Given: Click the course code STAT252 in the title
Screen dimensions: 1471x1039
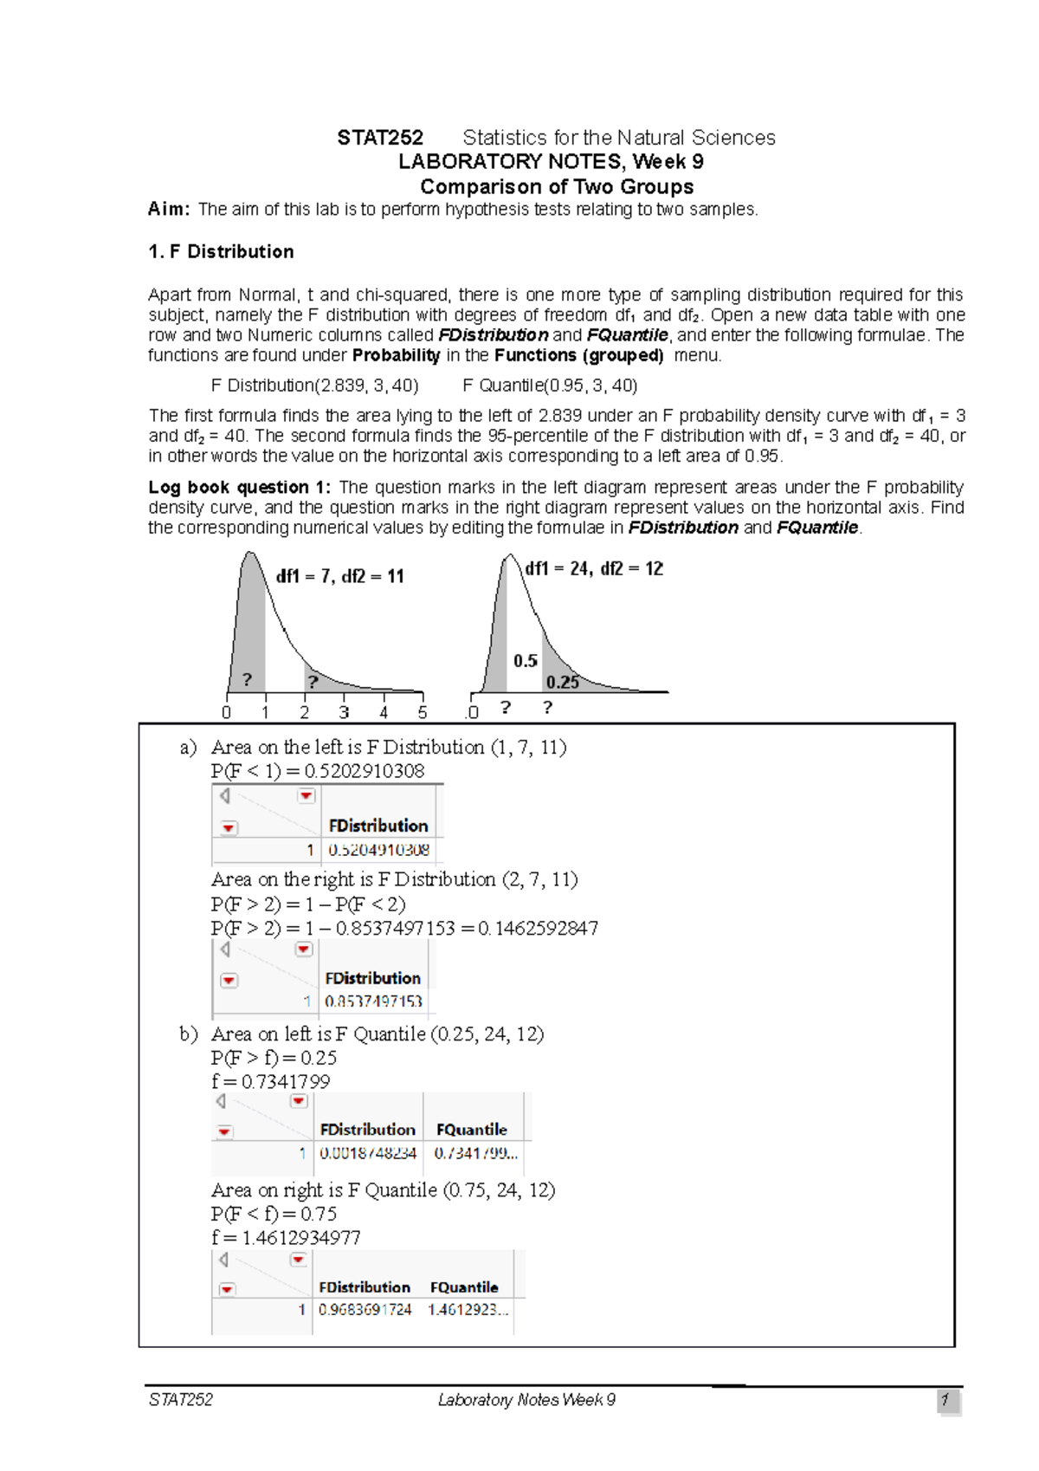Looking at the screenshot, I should coord(380,138).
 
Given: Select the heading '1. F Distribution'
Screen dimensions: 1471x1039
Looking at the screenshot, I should coord(221,252).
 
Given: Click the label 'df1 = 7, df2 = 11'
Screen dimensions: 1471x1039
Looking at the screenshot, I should coord(340,576).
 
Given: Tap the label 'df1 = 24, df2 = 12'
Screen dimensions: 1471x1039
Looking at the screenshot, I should coord(594,569).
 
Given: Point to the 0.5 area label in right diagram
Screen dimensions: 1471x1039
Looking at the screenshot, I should coord(526,661).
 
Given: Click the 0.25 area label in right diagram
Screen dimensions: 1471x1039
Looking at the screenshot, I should coord(563,683).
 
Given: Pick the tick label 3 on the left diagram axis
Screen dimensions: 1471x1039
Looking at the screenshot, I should coord(344,713).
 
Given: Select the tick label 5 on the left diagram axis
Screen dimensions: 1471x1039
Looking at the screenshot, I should coord(423,713).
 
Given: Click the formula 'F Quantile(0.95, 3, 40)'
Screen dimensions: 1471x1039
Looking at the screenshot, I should coord(550,386).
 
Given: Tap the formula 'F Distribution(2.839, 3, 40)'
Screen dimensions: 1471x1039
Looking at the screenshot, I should coord(315,386).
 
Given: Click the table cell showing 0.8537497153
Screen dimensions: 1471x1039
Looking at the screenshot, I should coord(373,1001).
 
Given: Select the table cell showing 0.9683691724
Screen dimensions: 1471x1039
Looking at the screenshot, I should coord(365,1310).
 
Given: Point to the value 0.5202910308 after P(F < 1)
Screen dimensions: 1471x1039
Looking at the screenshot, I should coord(365,771).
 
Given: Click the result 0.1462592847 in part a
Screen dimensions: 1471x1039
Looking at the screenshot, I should coord(538,929).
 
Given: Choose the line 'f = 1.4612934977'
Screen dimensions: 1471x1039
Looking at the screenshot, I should coord(286,1238).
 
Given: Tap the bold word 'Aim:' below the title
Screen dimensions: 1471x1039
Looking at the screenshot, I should coord(169,209).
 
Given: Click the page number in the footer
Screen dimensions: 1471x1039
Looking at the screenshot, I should coord(946,1400).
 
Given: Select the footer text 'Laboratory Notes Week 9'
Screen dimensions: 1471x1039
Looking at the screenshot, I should coord(526,1400).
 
